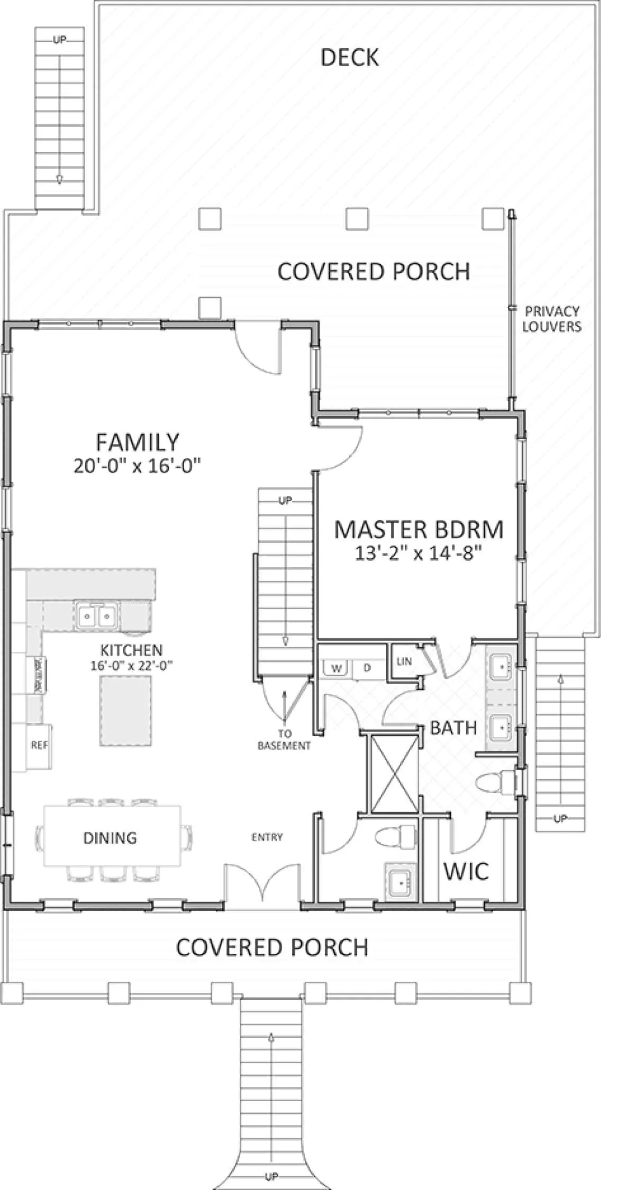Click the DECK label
click(350, 58)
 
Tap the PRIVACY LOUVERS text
click(552, 319)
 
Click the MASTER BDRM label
click(419, 530)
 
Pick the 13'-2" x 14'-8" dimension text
click(419, 554)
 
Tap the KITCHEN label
click(132, 650)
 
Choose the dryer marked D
click(367, 668)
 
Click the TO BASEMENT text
click(284, 740)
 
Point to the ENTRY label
click(267, 837)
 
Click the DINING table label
click(110, 837)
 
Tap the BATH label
click(453, 728)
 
